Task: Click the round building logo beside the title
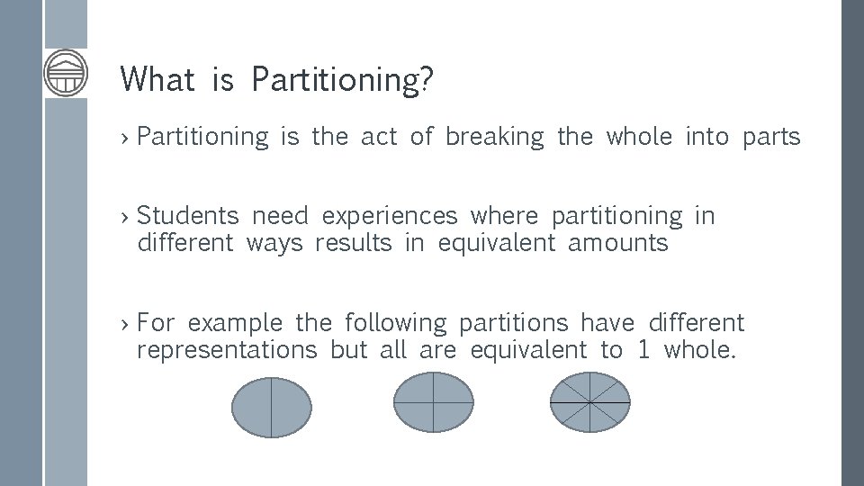67,73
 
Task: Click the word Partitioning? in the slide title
343,80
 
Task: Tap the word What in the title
157,79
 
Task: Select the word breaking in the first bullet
495,138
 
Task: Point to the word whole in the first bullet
639,137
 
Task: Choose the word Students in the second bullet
188,216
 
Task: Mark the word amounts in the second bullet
618,244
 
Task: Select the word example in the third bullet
235,323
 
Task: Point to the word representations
227,350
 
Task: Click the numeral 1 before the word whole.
643,350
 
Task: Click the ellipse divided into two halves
271,408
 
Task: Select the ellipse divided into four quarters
434,401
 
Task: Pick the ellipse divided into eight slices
589,401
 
